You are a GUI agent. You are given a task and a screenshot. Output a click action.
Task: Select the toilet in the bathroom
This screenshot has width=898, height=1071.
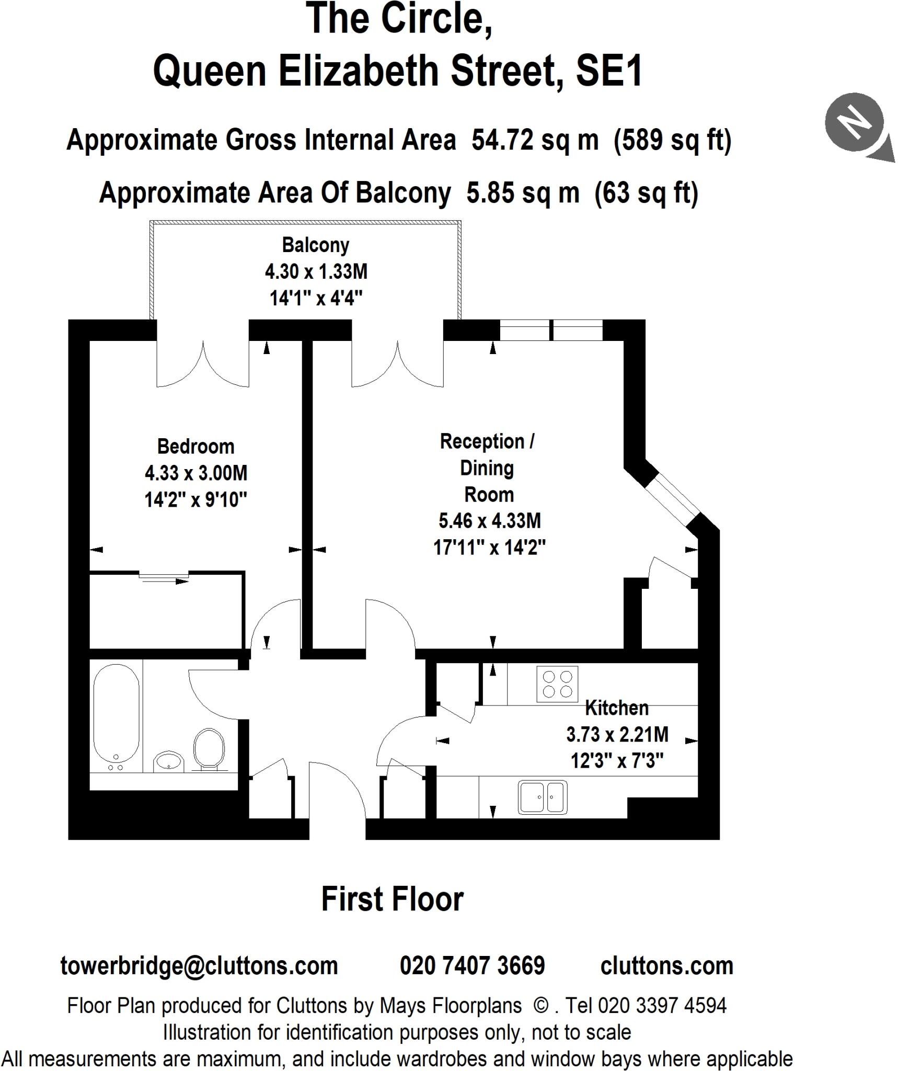click(x=209, y=749)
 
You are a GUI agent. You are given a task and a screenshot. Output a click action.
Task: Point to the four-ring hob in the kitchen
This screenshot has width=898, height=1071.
click(x=557, y=685)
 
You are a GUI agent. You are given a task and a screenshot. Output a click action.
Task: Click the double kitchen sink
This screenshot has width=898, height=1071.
click(x=543, y=797)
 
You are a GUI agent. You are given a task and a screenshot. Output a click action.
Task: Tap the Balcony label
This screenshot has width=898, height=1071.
click(x=315, y=245)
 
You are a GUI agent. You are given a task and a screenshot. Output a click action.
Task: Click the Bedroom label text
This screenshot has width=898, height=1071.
click(x=195, y=447)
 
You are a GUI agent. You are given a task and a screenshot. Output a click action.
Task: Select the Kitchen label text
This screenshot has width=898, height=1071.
click(x=617, y=708)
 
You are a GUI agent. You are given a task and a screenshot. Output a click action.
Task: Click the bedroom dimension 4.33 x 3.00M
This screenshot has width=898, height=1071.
click(x=195, y=473)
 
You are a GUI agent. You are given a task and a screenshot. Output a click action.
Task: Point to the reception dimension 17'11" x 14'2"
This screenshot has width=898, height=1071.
click(x=489, y=548)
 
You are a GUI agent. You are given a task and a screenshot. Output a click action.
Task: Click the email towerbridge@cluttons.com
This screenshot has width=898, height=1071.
click(x=199, y=965)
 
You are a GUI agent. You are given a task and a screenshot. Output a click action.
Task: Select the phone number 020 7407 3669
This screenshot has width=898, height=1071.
click(x=472, y=965)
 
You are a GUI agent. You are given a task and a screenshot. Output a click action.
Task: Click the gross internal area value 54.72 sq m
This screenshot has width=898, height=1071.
click(x=535, y=140)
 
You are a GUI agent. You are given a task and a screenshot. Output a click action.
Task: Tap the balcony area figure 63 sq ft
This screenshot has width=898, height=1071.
click(x=646, y=193)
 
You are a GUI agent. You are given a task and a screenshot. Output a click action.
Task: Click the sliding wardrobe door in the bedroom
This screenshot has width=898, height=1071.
click(x=164, y=577)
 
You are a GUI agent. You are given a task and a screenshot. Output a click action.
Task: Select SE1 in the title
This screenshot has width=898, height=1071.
click(x=609, y=72)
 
